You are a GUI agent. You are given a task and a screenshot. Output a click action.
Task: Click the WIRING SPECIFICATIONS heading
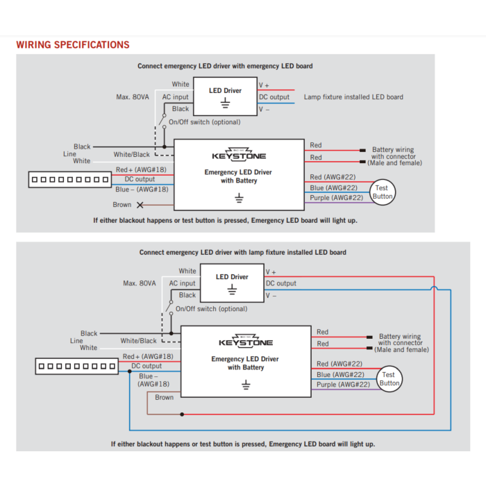(73, 44)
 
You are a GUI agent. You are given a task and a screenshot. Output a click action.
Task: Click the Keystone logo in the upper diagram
(239, 154)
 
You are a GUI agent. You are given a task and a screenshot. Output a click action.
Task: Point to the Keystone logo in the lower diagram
(246, 341)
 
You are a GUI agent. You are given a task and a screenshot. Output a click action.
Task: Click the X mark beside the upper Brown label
(140, 205)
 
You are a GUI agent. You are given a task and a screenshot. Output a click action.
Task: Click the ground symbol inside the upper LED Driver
(226, 103)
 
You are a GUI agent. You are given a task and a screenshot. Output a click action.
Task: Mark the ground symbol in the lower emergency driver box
(246, 385)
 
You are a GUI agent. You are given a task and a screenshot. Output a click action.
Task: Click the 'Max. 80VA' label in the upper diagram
(133, 97)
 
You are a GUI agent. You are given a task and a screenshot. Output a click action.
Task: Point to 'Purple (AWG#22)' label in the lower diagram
(343, 385)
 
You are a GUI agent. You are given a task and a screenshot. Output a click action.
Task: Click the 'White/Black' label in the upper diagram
(131, 154)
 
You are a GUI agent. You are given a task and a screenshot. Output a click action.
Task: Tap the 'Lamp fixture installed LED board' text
(353, 97)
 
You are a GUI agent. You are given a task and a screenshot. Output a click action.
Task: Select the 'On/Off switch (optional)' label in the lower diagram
(211, 309)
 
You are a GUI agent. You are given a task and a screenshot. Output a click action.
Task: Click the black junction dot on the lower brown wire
(182, 414)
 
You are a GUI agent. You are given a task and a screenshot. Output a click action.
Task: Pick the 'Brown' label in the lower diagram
(165, 397)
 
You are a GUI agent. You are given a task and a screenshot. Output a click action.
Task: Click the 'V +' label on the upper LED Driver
(264, 85)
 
